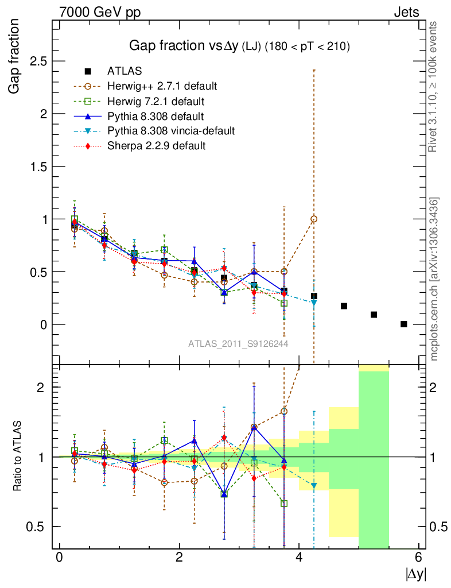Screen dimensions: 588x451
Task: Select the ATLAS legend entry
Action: (125, 71)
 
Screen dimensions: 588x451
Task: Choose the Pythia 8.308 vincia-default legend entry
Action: (171, 131)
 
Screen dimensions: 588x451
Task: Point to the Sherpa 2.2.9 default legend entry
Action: (156, 146)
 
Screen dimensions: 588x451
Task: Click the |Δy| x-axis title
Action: (415, 573)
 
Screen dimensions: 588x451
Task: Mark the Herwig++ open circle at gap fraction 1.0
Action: (314, 219)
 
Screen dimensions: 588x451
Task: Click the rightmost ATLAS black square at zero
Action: (404, 324)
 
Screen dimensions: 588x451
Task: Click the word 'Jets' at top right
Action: (406, 12)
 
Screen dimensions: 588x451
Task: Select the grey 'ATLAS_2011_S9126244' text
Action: (238, 343)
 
